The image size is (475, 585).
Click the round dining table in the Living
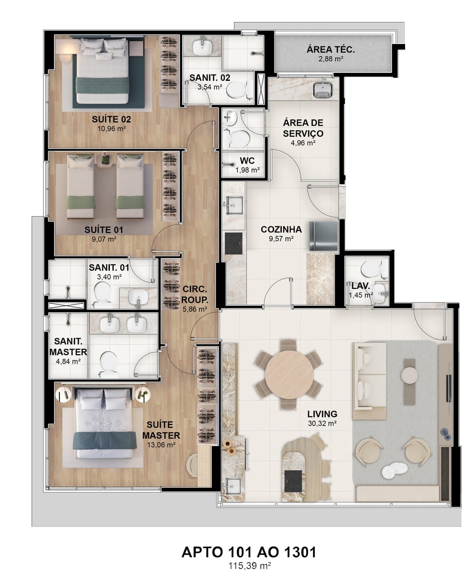coord(289,374)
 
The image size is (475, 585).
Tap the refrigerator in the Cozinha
coord(324,236)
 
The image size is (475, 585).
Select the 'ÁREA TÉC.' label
coord(330,50)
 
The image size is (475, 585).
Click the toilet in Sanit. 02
coord(239,89)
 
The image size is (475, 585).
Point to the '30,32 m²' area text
coord(322,424)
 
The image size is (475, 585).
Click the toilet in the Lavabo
coord(373,268)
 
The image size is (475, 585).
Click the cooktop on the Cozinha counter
coord(234,243)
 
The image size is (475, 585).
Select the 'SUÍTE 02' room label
coord(111,119)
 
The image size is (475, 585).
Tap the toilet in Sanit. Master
coord(109,365)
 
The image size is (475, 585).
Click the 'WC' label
coord(247,160)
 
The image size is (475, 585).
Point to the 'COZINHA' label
coord(281,229)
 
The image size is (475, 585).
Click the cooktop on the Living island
coord(293,481)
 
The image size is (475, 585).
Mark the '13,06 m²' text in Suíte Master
coord(161,445)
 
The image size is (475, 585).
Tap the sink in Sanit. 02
coord(202,47)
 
